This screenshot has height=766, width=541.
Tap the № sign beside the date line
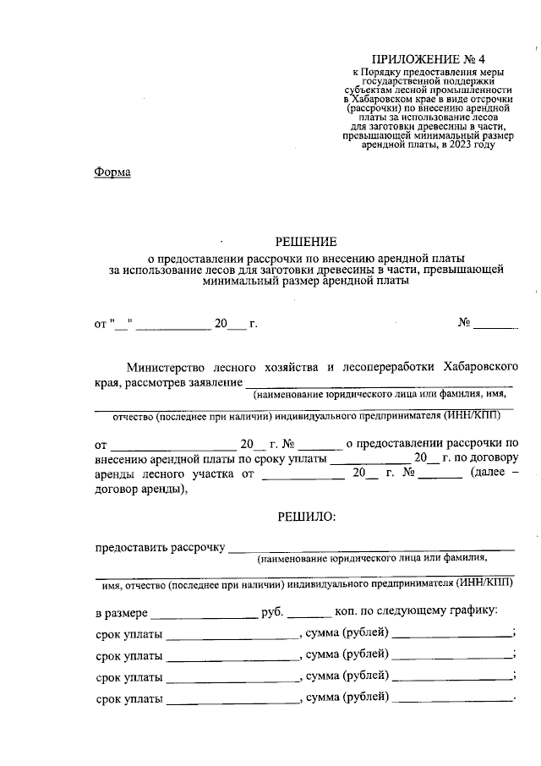464,323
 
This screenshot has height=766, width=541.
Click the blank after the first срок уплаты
232,634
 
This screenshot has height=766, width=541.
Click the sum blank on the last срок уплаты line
453,699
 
